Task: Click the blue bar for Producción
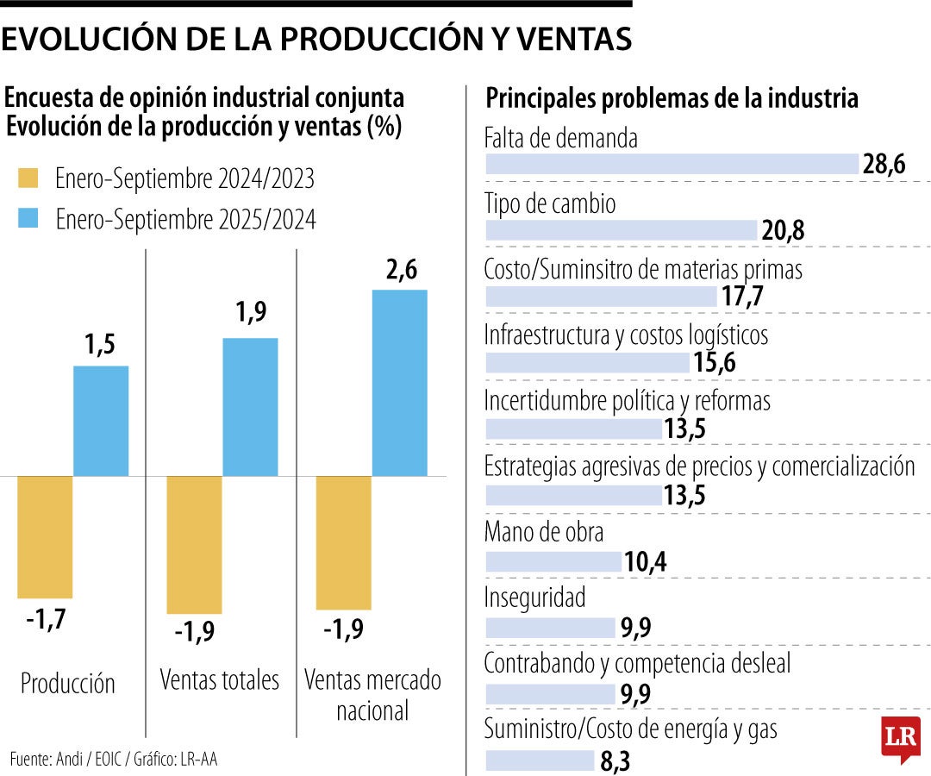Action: coord(101,421)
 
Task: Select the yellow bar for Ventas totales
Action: coord(195,544)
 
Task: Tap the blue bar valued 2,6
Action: coord(399,383)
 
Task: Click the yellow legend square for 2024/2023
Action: coord(28,178)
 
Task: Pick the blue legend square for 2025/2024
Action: coord(28,220)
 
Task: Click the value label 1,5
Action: coord(101,345)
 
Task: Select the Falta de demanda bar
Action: coord(672,165)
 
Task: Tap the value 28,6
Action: coord(884,165)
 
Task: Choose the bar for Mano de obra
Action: coord(553,562)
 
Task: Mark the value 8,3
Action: coord(617,761)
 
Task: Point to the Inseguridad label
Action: coord(534,597)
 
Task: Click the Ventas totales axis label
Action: coord(220,679)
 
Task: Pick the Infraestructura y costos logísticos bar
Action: coord(588,363)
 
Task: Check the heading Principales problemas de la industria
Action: coord(672,98)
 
